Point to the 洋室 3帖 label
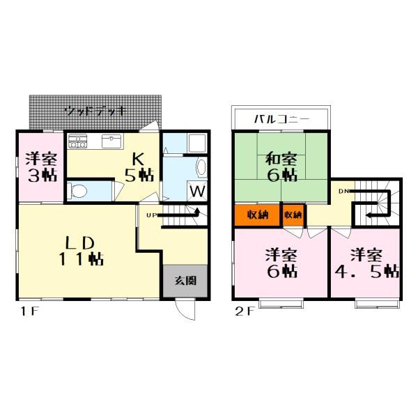click(40, 166)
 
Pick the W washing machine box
click(197, 190)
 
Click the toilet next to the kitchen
click(79, 190)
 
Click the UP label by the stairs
click(150, 215)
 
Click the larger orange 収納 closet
click(257, 215)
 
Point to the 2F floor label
click(242, 313)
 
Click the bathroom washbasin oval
click(201, 167)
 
